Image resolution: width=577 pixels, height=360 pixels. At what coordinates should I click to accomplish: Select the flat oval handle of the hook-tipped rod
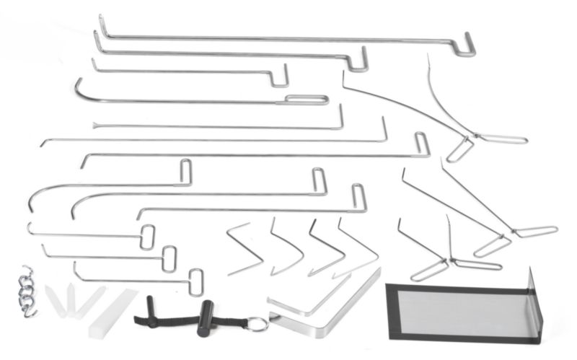307,100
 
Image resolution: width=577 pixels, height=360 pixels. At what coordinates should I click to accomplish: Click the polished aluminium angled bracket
325,303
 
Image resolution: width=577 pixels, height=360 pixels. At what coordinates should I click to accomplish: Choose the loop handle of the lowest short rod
195,281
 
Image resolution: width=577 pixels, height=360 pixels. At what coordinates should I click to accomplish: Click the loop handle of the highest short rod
148,237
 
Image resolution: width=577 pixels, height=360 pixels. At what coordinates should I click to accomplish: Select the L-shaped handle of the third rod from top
279,76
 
